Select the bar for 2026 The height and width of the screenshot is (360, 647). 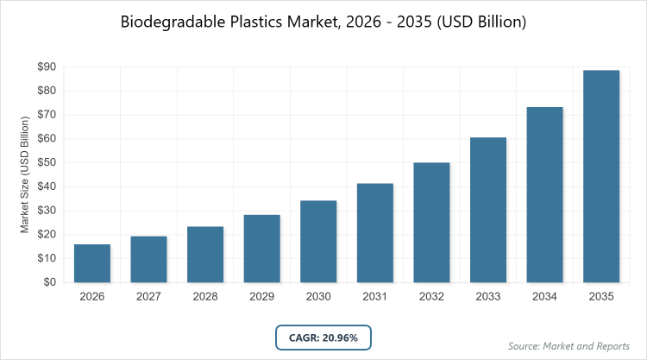pyautogui.click(x=92, y=263)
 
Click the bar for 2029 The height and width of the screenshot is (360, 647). pyautogui.click(x=262, y=249)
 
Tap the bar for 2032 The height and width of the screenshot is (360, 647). pyautogui.click(x=431, y=223)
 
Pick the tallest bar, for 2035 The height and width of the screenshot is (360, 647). pyautogui.click(x=601, y=176)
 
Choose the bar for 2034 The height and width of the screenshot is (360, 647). pyautogui.click(x=545, y=195)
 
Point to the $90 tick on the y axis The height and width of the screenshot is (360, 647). pyautogui.click(x=47, y=66)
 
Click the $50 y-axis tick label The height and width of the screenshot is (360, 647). pyautogui.click(x=47, y=162)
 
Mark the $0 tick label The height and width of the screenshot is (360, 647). pyautogui.click(x=50, y=282)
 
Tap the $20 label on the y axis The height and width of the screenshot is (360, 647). pyautogui.click(x=47, y=234)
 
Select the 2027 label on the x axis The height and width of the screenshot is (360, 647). pyautogui.click(x=149, y=296)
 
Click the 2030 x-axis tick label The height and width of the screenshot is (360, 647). pyautogui.click(x=318, y=296)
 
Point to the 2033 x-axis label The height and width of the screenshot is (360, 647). pyautogui.click(x=488, y=296)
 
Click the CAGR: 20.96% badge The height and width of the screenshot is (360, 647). pyautogui.click(x=323, y=337)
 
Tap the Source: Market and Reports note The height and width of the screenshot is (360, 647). pyautogui.click(x=569, y=346)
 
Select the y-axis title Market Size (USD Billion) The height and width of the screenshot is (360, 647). pyautogui.click(x=26, y=174)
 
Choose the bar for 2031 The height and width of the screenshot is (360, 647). pyautogui.click(x=375, y=233)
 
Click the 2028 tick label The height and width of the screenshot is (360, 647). pyautogui.click(x=205, y=296)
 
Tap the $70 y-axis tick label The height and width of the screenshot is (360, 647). pyautogui.click(x=47, y=114)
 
